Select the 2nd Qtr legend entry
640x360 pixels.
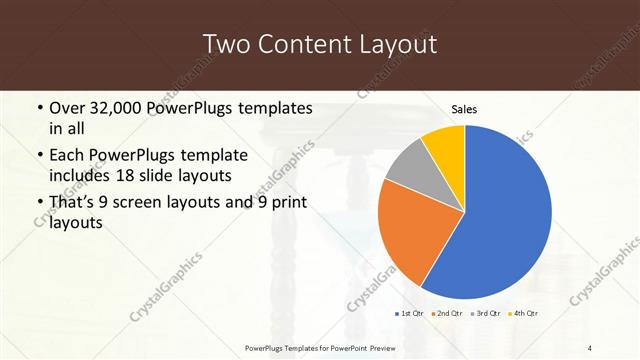pyautogui.click(x=447, y=313)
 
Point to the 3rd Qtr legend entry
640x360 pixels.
pyautogui.click(x=486, y=313)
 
